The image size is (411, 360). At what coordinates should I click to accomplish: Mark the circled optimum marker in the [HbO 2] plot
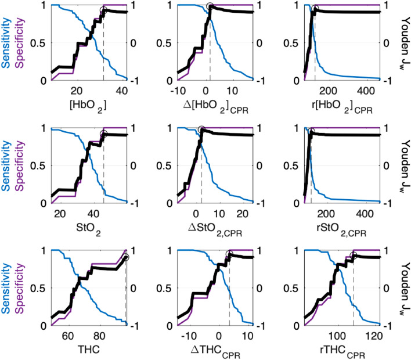point(104,10)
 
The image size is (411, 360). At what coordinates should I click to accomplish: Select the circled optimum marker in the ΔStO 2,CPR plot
point(201,129)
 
